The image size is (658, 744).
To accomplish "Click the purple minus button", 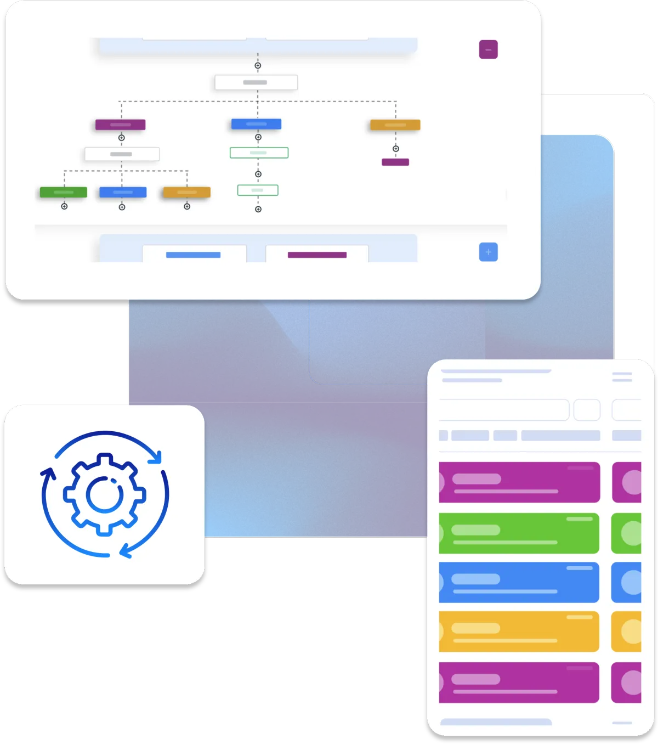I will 488,49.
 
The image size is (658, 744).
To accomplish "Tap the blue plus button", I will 488,252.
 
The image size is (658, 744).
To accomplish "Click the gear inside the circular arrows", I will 104,494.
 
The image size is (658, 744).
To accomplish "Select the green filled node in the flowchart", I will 64,192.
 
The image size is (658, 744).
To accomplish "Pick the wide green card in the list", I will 519,533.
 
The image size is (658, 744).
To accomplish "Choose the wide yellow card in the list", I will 519,632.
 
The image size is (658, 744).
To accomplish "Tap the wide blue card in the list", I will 519,582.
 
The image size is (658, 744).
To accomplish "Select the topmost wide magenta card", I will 519,482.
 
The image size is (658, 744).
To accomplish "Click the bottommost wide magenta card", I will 519,683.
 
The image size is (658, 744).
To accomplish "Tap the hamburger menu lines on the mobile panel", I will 622,376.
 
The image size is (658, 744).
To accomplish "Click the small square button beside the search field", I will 587,410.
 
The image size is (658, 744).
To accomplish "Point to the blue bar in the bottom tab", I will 193,255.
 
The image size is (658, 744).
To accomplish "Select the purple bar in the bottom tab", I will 317,255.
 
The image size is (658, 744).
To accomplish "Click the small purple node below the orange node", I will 395,162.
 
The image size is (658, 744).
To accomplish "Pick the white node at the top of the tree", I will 256,82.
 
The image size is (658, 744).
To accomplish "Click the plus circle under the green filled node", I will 64,206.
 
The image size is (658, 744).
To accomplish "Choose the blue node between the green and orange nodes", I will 123,192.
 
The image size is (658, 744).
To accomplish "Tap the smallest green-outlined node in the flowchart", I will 258,190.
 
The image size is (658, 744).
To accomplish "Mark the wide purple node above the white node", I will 120,125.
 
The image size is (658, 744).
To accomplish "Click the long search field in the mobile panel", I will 503,410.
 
